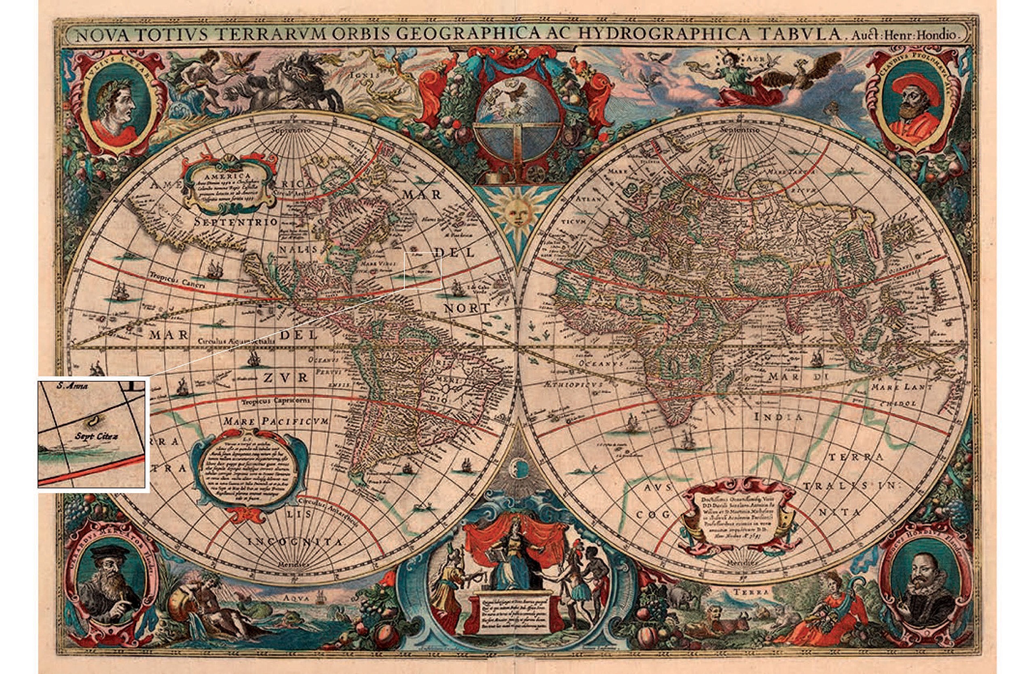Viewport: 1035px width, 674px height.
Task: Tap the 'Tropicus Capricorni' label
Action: coord(277,401)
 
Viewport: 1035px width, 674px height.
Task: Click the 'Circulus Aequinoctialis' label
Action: coord(237,341)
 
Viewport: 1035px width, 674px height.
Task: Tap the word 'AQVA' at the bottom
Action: coord(295,599)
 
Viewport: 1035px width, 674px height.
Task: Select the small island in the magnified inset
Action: coord(92,421)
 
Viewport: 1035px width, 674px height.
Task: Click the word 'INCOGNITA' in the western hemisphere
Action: coord(296,542)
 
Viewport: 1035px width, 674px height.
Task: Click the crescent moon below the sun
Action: coord(520,467)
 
